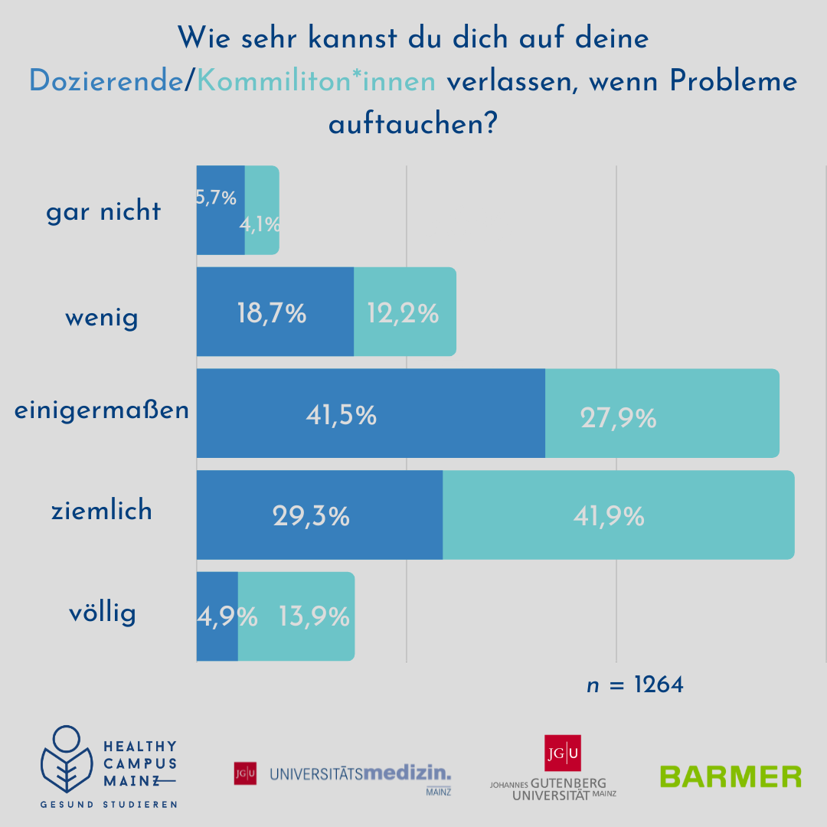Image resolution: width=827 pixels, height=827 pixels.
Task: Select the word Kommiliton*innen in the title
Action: tap(316, 80)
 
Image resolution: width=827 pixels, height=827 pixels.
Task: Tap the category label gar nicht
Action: tap(103, 211)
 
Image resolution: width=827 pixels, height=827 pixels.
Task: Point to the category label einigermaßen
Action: tap(102, 410)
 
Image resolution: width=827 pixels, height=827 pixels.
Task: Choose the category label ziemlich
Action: tap(102, 511)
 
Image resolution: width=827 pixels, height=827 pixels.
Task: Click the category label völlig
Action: tap(102, 613)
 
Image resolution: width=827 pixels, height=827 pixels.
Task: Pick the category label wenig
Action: tap(102, 316)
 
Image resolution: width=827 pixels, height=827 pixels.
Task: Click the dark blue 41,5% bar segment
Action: tap(371, 413)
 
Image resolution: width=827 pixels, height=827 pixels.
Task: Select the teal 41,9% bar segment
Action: tap(618, 515)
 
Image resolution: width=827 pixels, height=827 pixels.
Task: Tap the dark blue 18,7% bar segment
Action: tap(275, 312)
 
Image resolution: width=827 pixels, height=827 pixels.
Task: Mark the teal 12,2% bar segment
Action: tap(404, 312)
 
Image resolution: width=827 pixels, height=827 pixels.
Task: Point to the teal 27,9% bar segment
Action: tap(662, 413)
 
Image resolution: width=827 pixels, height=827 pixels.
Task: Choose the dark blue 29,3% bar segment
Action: tap(319, 515)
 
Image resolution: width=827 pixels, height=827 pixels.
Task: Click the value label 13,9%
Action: tap(315, 616)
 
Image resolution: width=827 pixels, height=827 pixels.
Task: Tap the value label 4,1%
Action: tap(260, 225)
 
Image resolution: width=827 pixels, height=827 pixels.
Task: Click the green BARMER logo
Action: tap(731, 776)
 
